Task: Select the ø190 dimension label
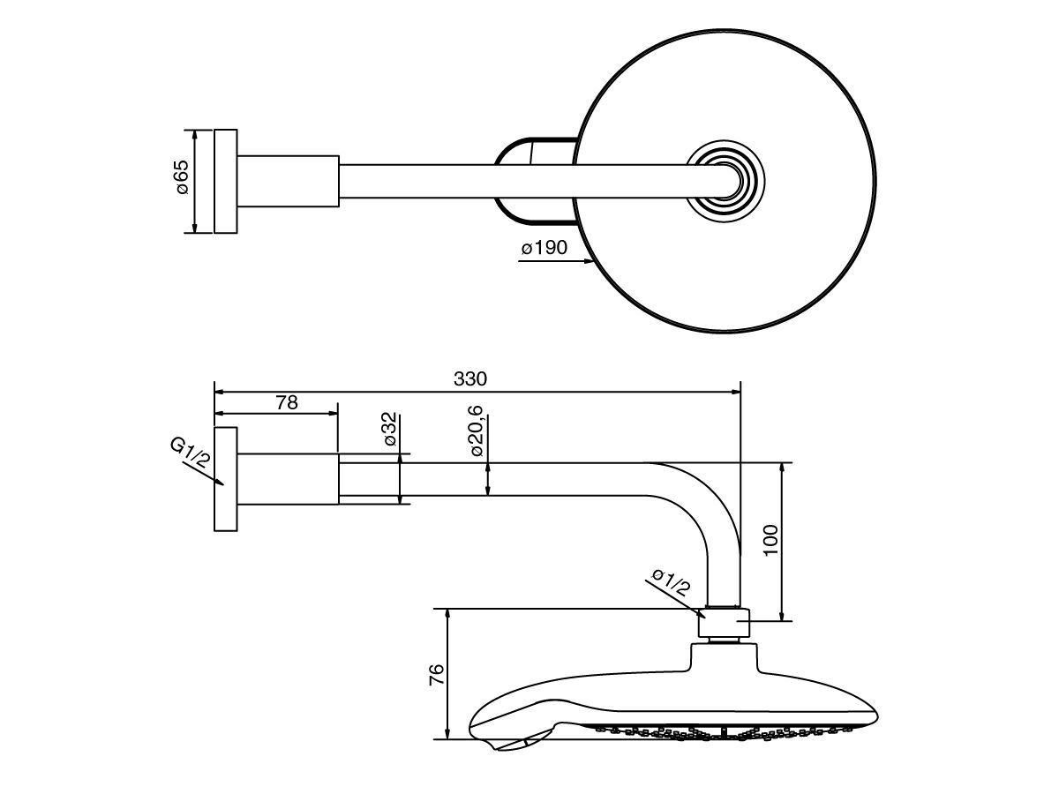[545, 249]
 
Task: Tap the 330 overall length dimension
[469, 378]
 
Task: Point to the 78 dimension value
[286, 402]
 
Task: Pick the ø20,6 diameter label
[476, 431]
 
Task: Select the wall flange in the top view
[226, 182]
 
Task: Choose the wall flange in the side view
[226, 480]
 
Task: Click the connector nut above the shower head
[724, 624]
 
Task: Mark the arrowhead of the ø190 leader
[590, 262]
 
